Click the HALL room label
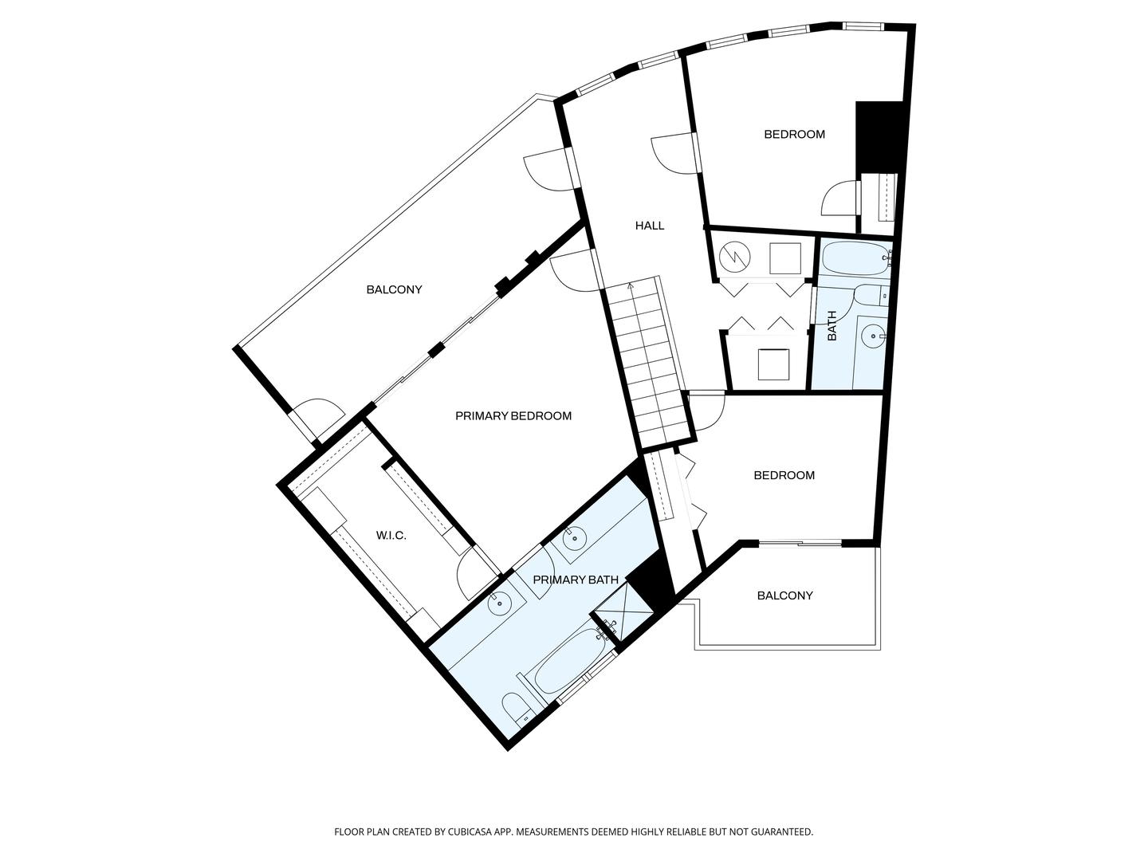pos(649,226)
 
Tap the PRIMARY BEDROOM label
pos(513,416)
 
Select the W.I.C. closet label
pos(391,536)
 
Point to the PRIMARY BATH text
pos(575,580)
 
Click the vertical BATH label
pos(832,326)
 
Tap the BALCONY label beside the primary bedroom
pos(394,289)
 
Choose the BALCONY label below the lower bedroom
pos(784,596)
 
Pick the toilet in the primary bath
pos(516,708)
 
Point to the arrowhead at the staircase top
pos(631,285)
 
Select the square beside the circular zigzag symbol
pos(784,258)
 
